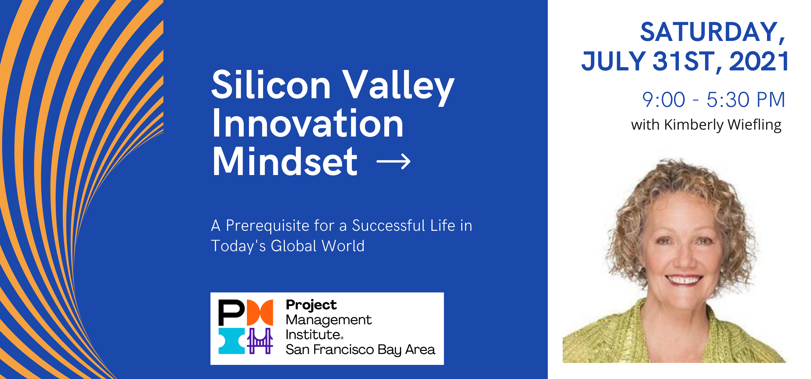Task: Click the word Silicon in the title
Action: coord(271,84)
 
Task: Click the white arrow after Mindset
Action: coord(394,162)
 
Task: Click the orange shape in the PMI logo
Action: coord(260,313)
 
